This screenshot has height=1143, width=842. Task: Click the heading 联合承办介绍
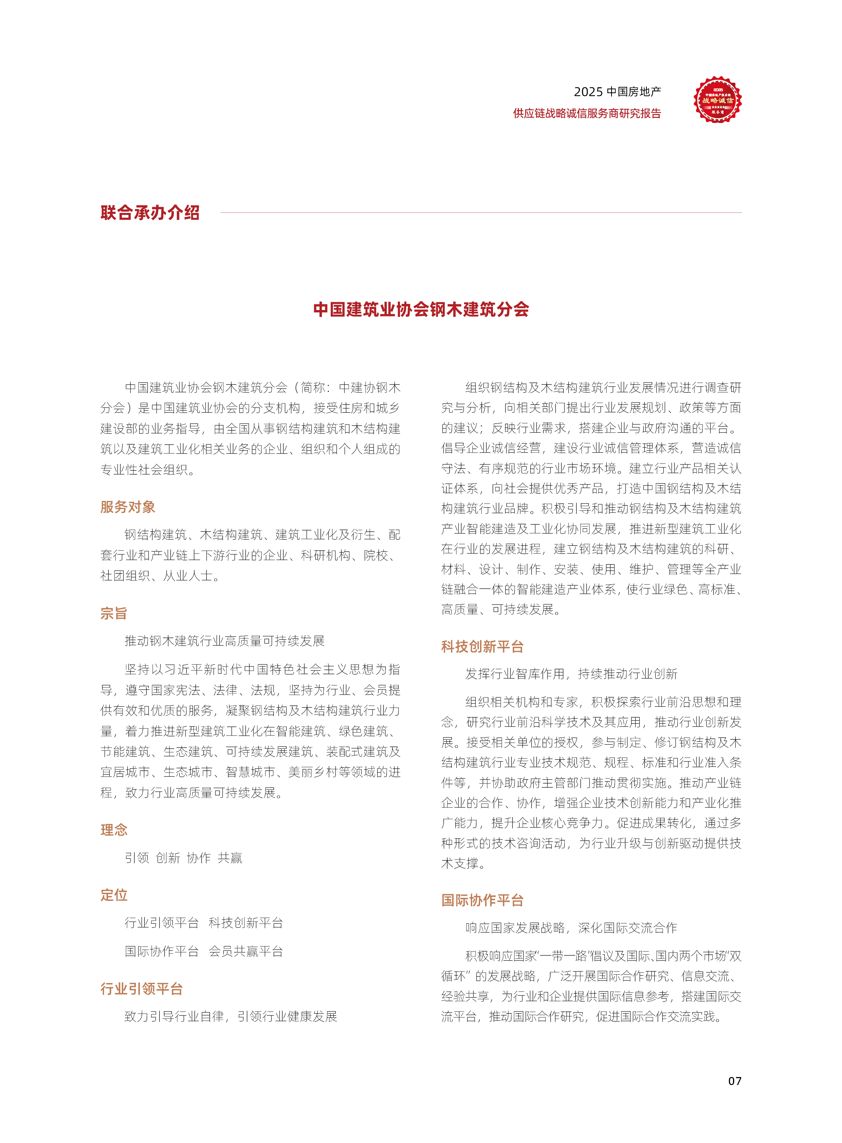[150, 213]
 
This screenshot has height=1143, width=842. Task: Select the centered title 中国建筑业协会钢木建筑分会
[421, 309]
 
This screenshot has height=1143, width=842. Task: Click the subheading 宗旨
[114, 613]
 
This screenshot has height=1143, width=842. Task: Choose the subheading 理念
[114, 830]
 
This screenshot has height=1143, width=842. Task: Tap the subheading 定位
[114, 895]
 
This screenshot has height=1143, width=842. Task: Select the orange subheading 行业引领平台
[141, 988]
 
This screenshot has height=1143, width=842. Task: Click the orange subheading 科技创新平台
[482, 647]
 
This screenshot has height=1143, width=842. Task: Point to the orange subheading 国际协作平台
[482, 900]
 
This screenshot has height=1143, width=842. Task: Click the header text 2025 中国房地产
[617, 92]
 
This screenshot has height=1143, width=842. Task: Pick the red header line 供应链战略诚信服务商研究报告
[587, 113]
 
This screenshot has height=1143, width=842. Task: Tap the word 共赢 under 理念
[230, 858]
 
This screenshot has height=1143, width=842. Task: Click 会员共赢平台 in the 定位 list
[246, 951]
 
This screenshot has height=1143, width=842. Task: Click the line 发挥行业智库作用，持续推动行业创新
[571, 674]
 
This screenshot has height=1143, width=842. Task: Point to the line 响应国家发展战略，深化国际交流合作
[571, 928]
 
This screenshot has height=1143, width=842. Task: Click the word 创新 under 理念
[168, 858]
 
